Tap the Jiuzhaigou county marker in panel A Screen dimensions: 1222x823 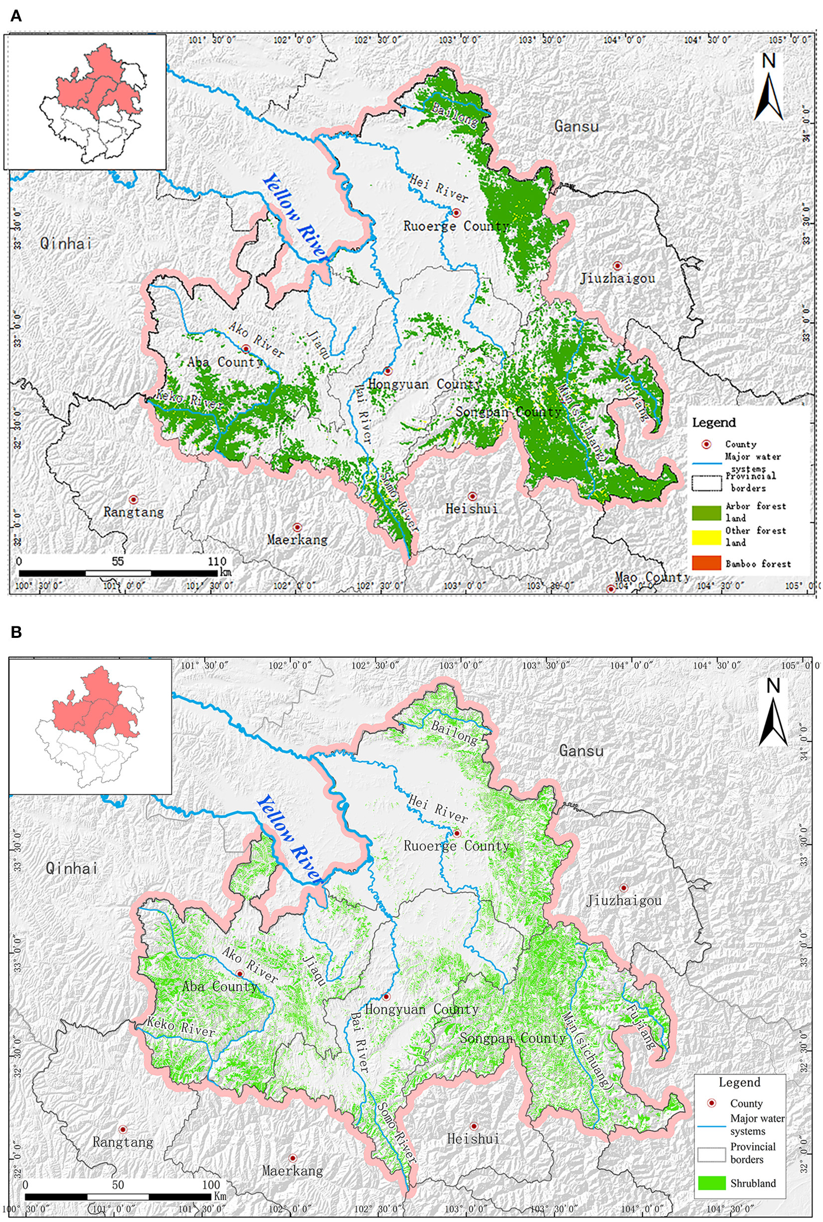coord(618,266)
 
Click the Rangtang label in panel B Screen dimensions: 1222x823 coord(123,1142)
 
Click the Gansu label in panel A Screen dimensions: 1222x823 coord(577,126)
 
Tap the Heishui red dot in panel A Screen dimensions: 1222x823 coord(472,496)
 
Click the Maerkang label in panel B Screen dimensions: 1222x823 coord(292,1170)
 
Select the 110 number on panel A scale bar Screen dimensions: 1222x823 coord(217,561)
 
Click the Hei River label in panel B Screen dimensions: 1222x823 coord(437,808)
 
